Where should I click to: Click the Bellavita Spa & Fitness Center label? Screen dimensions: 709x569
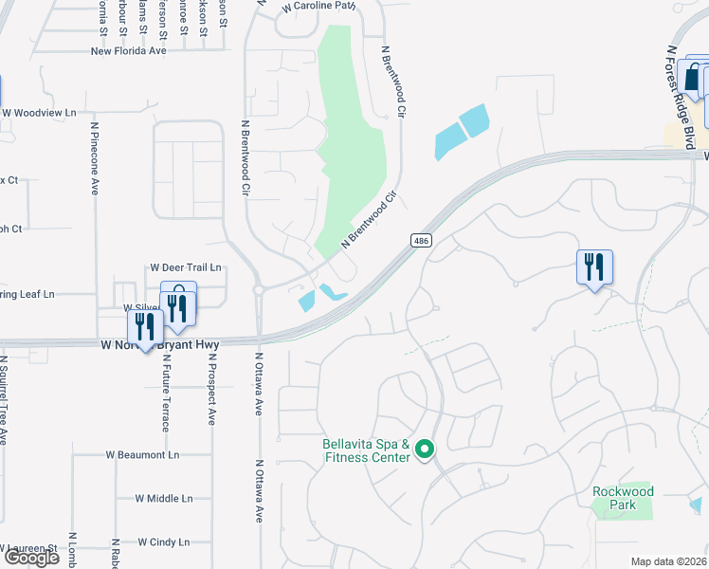pos(365,450)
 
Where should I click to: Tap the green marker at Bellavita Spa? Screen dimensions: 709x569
pos(425,450)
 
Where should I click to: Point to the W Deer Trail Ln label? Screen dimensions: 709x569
pos(185,268)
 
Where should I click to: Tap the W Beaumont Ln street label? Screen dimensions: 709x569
pos(143,454)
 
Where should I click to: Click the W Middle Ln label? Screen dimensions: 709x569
pos(163,498)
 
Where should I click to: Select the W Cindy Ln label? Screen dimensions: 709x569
pos(163,542)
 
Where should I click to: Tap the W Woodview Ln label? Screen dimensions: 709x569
pos(38,113)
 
